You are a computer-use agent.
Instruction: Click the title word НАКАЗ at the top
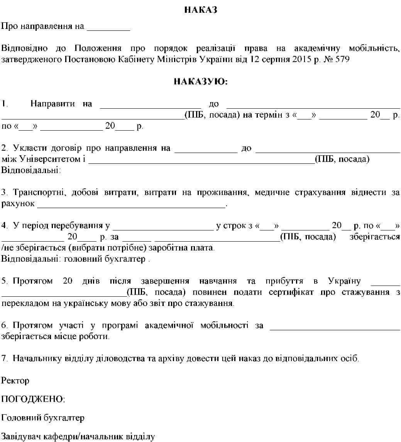coord(200,10)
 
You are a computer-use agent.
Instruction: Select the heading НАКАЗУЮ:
coord(200,81)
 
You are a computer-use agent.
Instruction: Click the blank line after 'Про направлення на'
coord(108,29)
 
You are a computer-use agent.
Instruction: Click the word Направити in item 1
coord(52,104)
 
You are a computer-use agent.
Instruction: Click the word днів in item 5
coord(91,281)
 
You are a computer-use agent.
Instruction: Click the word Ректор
coord(15,381)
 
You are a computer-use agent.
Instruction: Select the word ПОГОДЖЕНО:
coord(33,399)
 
